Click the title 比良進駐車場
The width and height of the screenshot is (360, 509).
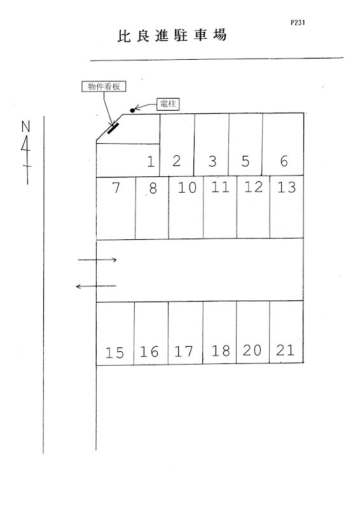[x=172, y=36]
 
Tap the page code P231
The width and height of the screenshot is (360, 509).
[x=298, y=23]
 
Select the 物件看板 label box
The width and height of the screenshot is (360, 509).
[x=104, y=87]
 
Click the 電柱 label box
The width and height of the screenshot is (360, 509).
[x=168, y=104]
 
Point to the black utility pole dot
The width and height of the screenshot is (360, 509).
[x=132, y=110]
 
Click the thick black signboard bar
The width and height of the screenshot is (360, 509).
[x=113, y=129]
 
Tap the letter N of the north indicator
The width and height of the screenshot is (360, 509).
[x=25, y=127]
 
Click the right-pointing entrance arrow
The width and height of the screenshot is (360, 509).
[x=97, y=260]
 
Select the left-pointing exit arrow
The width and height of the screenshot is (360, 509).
[x=96, y=286]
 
